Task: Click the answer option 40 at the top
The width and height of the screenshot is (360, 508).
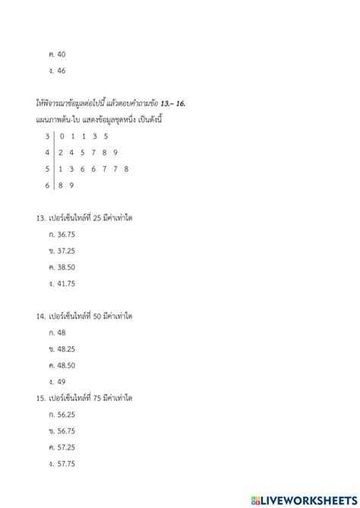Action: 62,54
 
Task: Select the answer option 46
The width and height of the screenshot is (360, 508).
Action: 62,71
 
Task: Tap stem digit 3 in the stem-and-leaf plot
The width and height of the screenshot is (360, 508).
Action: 47,136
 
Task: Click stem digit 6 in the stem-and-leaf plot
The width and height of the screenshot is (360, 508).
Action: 47,185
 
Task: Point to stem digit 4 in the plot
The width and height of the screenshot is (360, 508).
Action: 47,152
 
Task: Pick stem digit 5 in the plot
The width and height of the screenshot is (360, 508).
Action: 47,169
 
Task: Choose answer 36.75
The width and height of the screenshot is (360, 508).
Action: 67,235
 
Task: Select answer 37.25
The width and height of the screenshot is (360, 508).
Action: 67,251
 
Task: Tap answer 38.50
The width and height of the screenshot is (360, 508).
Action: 67,267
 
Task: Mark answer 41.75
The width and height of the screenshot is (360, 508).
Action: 67,283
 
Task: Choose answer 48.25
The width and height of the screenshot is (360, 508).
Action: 67,349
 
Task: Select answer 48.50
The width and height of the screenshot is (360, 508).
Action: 67,364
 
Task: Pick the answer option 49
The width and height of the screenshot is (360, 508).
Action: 62,381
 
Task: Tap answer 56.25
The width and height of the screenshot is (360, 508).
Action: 67,414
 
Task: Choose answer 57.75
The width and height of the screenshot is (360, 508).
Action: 67,463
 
